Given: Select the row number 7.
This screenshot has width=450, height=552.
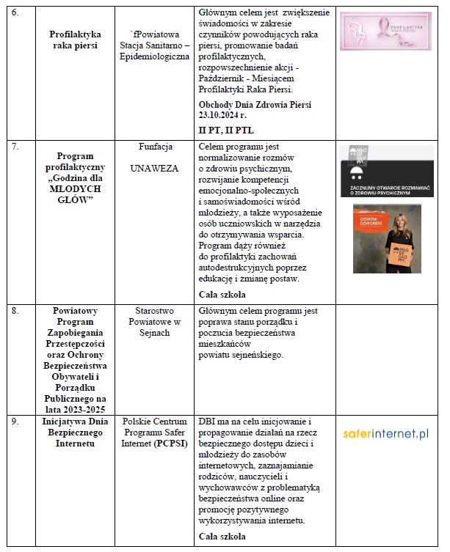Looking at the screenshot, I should [17, 147].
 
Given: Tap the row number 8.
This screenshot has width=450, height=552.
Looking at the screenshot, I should [17, 310].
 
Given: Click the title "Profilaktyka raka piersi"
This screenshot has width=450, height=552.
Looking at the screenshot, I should [76, 40].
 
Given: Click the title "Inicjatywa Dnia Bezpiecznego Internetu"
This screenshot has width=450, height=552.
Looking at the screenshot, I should [76, 432].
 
